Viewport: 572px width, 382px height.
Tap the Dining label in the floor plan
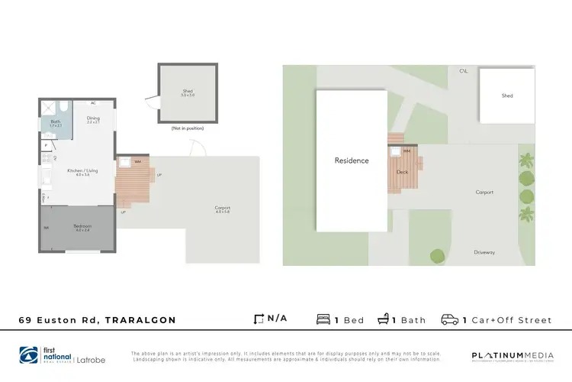point(93,120)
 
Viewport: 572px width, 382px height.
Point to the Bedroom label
point(82,228)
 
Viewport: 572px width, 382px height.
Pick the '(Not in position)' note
point(187,128)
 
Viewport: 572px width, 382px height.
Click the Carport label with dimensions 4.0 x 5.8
point(222,209)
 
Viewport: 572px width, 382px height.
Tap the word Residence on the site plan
point(352,160)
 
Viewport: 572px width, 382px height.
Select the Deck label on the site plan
point(403,172)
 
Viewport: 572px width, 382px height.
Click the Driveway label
point(484,251)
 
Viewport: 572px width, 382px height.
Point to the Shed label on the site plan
point(507,95)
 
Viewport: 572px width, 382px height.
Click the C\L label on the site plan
point(463,71)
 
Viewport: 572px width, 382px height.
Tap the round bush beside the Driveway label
point(437,256)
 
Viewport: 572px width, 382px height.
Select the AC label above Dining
point(93,102)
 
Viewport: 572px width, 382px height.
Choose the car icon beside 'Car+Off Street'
point(449,320)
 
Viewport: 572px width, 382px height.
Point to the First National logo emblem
point(28,354)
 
